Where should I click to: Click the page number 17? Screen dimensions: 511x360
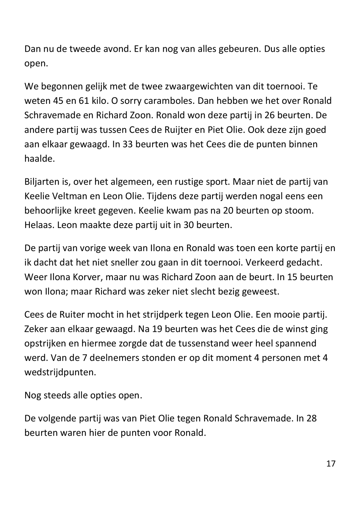point(331,463)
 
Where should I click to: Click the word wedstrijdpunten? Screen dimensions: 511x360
point(60,372)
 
